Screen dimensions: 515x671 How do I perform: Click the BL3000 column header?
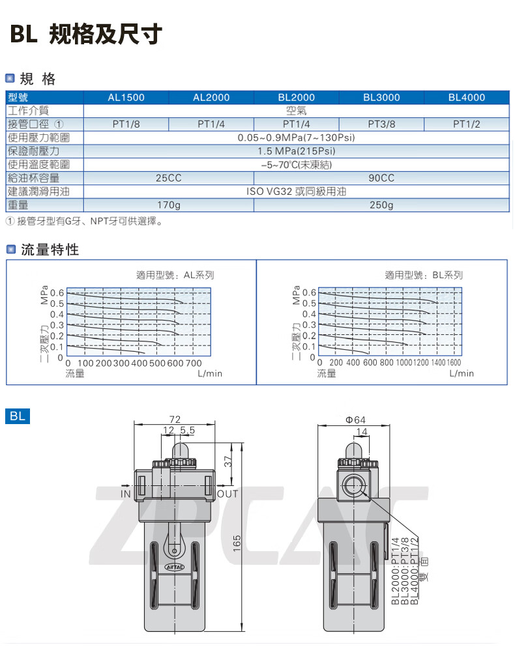point(381,98)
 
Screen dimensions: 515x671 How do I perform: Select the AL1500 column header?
point(126,98)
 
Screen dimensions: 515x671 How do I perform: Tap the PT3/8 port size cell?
point(381,124)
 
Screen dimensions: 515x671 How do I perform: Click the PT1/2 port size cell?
point(467,124)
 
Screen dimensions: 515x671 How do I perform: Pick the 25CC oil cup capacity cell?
point(169,178)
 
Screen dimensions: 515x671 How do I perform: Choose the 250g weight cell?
point(381,205)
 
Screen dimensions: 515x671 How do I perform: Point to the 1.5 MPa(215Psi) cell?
point(296,151)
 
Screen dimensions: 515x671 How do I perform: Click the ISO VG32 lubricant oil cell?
point(296,192)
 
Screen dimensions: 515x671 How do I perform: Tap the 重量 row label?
point(18,205)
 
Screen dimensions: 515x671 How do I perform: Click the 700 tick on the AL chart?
point(194,364)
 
